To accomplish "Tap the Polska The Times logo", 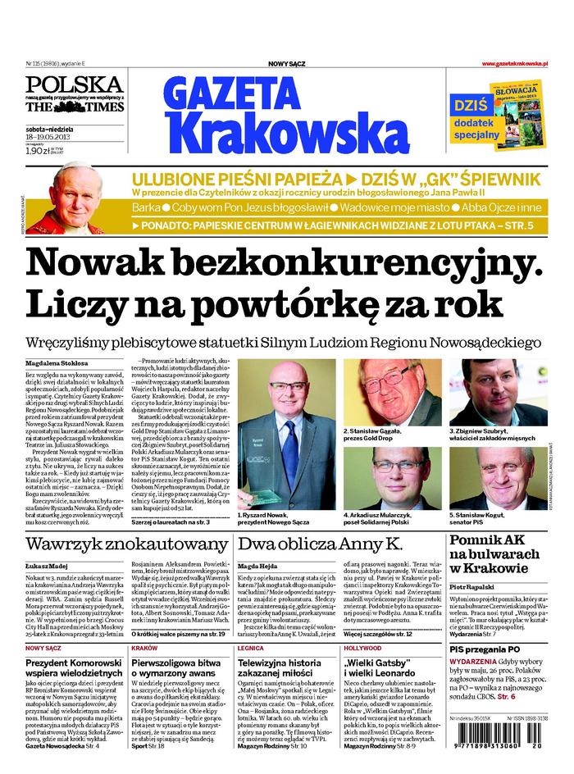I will click(x=74, y=95).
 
